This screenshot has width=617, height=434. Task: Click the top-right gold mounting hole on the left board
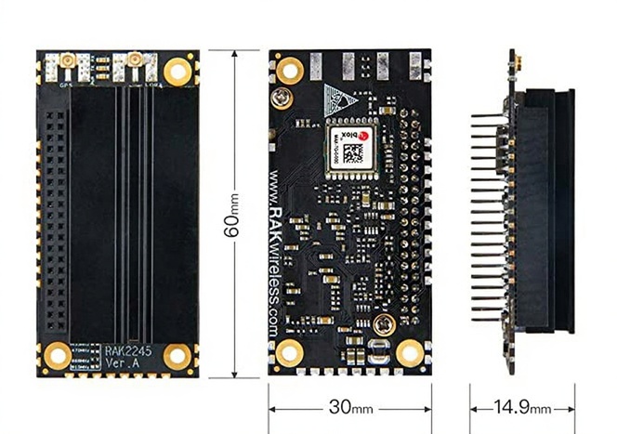pyautogui.click(x=176, y=70)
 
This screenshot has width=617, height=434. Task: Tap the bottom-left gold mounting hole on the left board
pyautogui.click(x=59, y=354)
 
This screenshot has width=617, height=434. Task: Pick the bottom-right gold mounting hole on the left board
pyautogui.click(x=177, y=354)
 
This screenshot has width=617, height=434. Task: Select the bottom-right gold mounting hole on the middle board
pyautogui.click(x=410, y=354)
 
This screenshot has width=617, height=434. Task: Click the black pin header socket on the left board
pyautogui.click(x=57, y=223)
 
